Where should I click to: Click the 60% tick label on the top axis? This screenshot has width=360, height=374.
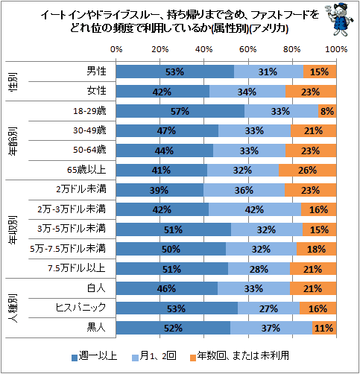(x=247, y=49)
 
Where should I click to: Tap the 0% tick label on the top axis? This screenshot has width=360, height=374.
(x=116, y=49)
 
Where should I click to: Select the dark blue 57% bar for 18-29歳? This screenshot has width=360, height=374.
(x=180, y=111)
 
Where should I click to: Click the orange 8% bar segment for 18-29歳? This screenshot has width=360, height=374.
(x=327, y=111)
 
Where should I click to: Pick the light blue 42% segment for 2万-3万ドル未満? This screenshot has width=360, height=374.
(x=255, y=209)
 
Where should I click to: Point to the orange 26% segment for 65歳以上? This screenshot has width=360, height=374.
(x=308, y=170)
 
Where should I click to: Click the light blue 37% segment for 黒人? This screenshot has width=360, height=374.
(x=271, y=328)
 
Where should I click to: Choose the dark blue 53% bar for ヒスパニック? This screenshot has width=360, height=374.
(x=177, y=308)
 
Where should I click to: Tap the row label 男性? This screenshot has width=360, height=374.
(x=96, y=72)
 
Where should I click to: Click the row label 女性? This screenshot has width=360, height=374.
(x=96, y=91)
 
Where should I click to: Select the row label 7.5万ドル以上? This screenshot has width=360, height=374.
(x=77, y=268)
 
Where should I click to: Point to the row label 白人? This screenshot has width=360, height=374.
(x=96, y=288)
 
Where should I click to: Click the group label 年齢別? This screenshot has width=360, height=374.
(x=13, y=141)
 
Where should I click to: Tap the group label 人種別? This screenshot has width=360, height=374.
(x=13, y=308)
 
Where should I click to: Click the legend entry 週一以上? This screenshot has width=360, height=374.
(x=95, y=356)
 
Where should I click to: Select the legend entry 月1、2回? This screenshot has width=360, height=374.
(x=154, y=356)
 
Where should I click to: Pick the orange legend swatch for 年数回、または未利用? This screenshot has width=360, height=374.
(x=193, y=358)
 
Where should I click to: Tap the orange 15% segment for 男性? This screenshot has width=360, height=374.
(x=320, y=72)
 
